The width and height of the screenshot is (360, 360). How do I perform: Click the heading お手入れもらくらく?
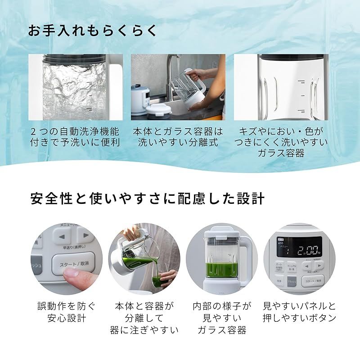[x=93, y=31]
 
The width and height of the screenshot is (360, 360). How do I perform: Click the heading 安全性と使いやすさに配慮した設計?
[x=147, y=198]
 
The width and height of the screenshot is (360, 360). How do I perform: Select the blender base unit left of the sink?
[x=141, y=95]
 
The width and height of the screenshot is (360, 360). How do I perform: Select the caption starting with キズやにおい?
[x=281, y=142]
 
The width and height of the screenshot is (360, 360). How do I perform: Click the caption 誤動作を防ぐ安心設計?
[x=66, y=312]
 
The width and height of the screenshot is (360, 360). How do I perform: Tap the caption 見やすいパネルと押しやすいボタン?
[x=299, y=312]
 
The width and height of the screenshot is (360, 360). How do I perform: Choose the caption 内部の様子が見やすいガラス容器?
[x=223, y=318]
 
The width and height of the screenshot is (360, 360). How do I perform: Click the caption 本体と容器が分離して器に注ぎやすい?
[x=144, y=318]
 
